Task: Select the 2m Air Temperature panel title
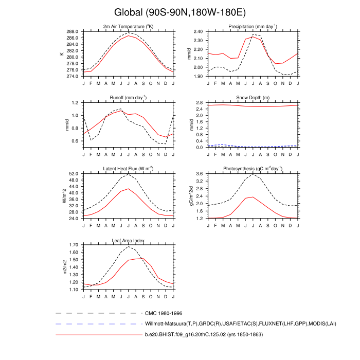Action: (129, 26)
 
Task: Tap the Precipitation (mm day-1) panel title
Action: (253, 26)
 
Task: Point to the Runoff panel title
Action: (129, 97)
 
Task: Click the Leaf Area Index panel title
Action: (129, 240)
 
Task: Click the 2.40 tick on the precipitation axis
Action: (197, 31)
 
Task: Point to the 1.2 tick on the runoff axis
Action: (75, 103)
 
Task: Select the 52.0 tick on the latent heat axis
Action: (74, 174)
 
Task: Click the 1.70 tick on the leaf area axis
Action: (74, 245)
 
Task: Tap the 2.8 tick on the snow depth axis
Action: (200, 103)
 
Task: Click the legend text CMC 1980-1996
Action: (164, 313)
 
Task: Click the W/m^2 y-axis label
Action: (64, 196)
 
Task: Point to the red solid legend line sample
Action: (98, 335)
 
